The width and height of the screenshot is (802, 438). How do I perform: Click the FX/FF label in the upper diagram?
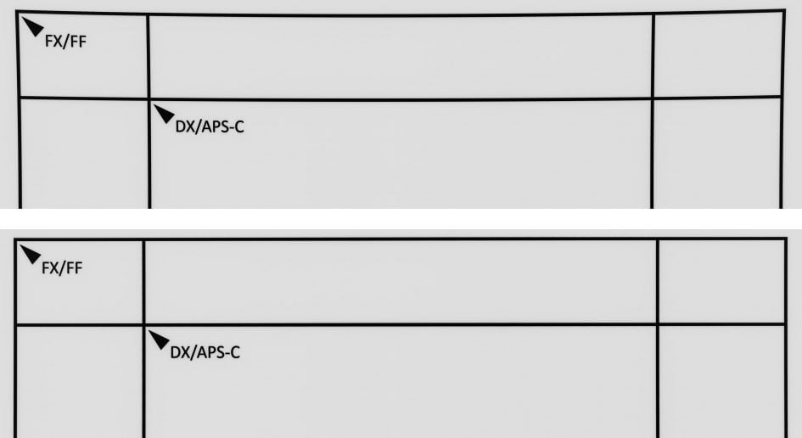[65, 41]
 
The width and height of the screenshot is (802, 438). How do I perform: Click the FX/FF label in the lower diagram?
[62, 267]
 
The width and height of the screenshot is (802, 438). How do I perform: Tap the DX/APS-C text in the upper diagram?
[210, 126]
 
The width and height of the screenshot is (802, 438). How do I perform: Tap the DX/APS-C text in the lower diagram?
[205, 352]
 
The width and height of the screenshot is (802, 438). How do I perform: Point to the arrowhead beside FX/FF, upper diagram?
[32, 26]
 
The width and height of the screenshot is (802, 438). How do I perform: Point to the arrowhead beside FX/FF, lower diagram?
[30, 254]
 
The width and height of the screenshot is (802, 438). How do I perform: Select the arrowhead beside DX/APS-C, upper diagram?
[164, 114]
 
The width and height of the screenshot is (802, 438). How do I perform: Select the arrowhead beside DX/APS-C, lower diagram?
[159, 340]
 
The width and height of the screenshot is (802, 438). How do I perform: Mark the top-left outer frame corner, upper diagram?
[17, 12]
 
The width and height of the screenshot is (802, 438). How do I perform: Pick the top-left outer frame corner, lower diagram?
[15, 239]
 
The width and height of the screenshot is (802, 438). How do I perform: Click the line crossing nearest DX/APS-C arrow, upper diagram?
[149, 98]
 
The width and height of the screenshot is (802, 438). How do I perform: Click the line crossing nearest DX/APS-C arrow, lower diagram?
[143, 324]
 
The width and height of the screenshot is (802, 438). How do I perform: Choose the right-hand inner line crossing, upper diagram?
[652, 98]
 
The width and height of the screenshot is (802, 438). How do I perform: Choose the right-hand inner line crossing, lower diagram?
[657, 324]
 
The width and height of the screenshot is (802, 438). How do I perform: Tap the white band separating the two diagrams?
[401, 218]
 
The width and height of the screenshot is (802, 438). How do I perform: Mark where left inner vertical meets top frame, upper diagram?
[148, 15]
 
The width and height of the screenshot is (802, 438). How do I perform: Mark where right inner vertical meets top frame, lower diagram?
[657, 239]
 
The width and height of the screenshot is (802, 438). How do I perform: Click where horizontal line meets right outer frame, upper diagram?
[782, 96]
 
